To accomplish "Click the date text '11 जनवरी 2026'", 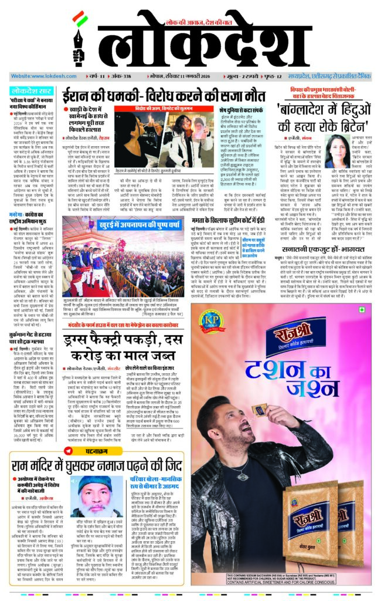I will pos(203,77).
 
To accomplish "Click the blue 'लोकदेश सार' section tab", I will pos(32,91).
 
